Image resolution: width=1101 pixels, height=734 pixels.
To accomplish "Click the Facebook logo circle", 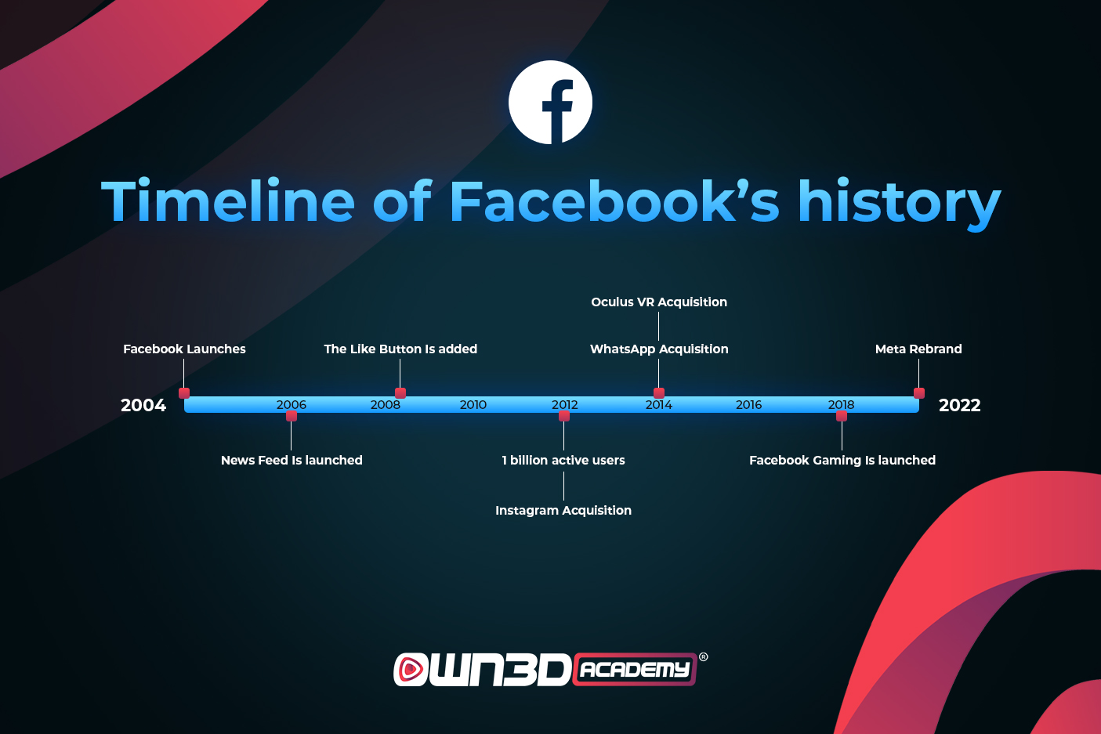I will pos(550,103).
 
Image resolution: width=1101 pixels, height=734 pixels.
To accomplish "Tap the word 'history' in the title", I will pos(899,202).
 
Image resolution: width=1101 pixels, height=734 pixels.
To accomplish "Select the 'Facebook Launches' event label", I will pos(184,349).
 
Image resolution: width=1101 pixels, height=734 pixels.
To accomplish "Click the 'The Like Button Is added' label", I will pos(400,349).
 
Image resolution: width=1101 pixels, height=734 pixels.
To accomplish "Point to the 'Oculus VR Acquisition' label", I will pos(659,302).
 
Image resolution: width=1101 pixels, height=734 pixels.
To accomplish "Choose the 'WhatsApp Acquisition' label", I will pos(659,349).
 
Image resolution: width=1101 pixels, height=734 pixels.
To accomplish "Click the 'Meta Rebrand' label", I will pos(918,349).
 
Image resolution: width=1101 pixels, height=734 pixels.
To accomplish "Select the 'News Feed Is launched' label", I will pos(292,460).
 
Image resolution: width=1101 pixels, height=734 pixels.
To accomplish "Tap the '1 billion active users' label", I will pos(563,460).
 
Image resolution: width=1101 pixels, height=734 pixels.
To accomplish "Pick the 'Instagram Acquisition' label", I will pos(563,510).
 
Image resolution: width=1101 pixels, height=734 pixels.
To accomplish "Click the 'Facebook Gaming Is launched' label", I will pos(842,460).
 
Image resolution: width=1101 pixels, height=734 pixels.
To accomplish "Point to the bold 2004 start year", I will pos(143,405).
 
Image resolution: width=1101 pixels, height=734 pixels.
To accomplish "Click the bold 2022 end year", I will pos(960,405).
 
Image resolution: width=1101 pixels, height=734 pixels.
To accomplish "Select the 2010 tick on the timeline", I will pos(473,405).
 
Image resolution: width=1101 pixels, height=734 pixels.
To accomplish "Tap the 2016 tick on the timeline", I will pos(748,405).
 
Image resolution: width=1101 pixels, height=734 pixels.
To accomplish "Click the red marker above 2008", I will pos(400,393).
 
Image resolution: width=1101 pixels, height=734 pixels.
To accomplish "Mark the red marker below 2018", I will pos(842,416).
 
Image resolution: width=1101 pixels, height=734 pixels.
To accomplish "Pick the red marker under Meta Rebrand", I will pos(919,393).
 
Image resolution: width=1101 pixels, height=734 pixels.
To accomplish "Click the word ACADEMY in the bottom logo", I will pos(634,670).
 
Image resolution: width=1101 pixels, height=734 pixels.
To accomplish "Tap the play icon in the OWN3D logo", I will pos(410,669).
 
